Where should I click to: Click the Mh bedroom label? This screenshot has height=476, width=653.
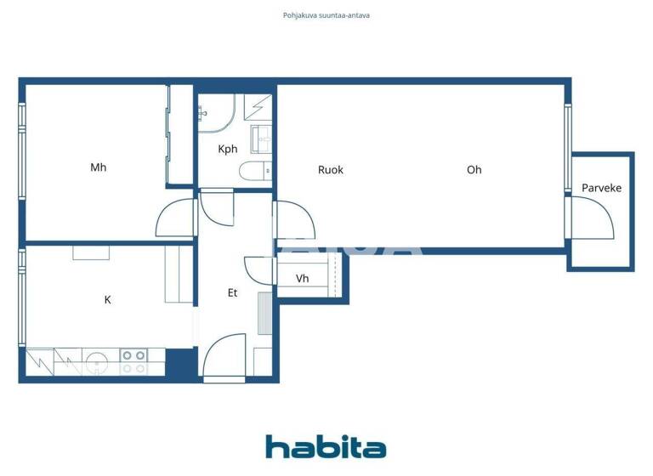[99, 167]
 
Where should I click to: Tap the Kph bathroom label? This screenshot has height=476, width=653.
[227, 150]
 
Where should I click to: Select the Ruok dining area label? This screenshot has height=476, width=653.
[331, 170]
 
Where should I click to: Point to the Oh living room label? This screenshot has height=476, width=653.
[474, 170]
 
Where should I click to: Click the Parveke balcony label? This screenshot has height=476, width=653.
[601, 188]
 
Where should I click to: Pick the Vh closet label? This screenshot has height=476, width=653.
[303, 279]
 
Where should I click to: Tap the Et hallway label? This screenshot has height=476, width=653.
[232, 293]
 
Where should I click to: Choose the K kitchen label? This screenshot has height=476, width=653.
[108, 300]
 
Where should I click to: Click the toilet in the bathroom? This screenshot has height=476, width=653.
[256, 172]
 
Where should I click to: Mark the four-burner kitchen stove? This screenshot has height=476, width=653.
[133, 362]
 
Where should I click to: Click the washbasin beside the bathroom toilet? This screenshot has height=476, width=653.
[261, 137]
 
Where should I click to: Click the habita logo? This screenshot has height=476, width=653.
[326, 447]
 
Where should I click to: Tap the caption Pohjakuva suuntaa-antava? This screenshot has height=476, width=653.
[326, 15]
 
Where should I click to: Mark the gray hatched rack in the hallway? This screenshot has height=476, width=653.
[264, 316]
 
